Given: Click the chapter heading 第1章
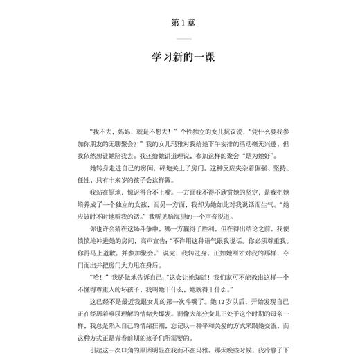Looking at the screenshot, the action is [180, 23].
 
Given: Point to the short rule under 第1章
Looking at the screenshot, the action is [180, 39].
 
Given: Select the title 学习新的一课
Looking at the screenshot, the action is [180, 57].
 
